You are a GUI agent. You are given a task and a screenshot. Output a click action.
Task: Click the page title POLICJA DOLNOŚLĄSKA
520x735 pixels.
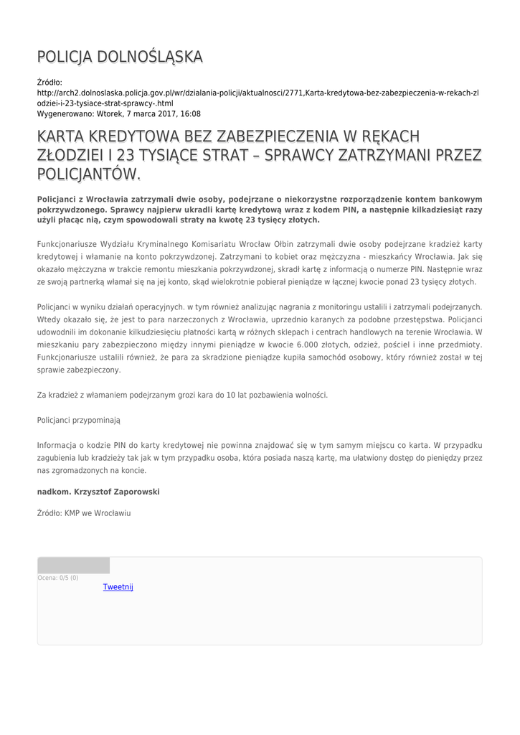(x=120, y=57)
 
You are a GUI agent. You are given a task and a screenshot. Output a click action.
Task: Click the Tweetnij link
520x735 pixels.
(x=118, y=587)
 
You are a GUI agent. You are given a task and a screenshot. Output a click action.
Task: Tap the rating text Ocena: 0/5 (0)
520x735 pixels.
(x=58, y=578)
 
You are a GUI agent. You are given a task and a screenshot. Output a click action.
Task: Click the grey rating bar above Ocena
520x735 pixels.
(x=73, y=566)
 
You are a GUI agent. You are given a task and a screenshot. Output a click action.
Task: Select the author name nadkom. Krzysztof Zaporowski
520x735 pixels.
(x=98, y=492)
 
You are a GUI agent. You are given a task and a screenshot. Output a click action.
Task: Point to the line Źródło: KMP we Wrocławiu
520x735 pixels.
(x=84, y=513)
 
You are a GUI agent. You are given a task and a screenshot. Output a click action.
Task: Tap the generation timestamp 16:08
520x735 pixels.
(x=191, y=114)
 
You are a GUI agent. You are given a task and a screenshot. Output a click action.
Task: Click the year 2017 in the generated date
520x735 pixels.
(x=164, y=114)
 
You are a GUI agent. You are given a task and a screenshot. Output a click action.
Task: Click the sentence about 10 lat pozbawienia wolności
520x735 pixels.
(x=182, y=395)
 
